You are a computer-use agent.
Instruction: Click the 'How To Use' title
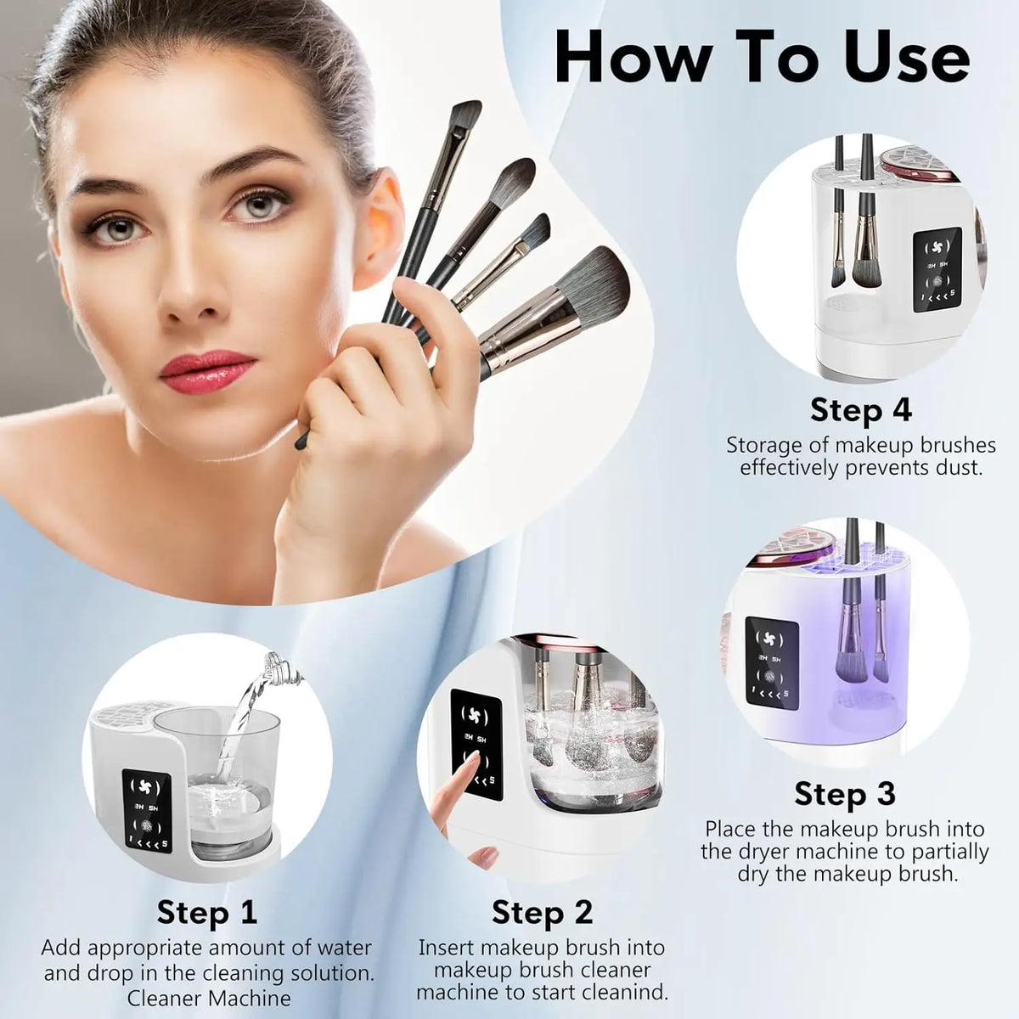click(762, 57)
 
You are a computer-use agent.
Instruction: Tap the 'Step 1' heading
click(206, 912)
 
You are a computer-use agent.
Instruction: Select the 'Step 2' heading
click(542, 912)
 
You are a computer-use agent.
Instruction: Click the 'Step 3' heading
click(844, 793)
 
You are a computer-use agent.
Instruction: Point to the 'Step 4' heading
click(860, 409)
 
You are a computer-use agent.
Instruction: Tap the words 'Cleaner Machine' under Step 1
click(209, 998)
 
